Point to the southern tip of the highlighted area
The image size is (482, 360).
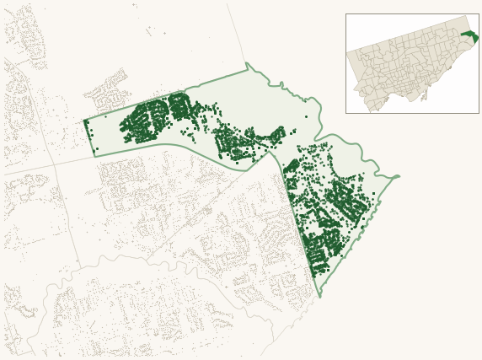tap(320, 297)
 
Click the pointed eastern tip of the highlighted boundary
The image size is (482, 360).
tap(399, 177)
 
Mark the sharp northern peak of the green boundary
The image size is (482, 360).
tap(247, 63)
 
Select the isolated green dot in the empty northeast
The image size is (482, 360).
tap(307, 116)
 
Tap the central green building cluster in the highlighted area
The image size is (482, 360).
tap(240, 142)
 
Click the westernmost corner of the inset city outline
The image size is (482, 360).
tap(347, 54)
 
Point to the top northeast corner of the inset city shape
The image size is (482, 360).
tap(469, 16)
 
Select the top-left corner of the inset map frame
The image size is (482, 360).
tap(345, 13)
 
